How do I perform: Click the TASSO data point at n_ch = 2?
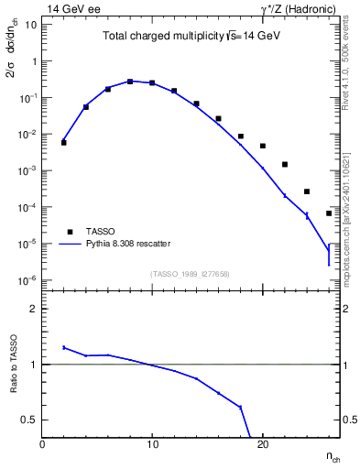point(64,142)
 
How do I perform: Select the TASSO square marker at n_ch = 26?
point(329,213)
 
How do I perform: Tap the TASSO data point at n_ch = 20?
point(263,146)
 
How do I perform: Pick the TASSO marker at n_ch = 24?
point(307,191)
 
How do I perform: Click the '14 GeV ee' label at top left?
point(72,8)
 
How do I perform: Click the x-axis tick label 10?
point(152,444)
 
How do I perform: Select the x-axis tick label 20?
point(262,444)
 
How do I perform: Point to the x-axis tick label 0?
point(42,444)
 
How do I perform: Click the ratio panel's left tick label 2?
point(33,309)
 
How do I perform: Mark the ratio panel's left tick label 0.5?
point(28,420)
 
